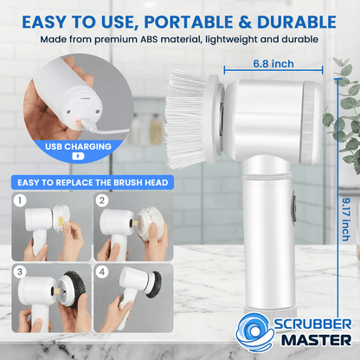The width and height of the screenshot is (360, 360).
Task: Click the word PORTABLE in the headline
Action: click(x=189, y=22)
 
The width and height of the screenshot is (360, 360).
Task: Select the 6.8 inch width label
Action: click(x=273, y=64)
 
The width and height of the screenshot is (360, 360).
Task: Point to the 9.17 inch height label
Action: click(x=346, y=219)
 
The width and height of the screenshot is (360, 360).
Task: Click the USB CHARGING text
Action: click(x=78, y=146)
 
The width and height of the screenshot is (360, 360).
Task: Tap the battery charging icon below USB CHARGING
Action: click(x=78, y=157)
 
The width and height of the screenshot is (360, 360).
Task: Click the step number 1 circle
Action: click(x=20, y=200)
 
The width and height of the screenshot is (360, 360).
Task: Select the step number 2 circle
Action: click(x=102, y=200)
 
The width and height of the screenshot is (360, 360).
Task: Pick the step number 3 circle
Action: click(x=20, y=272)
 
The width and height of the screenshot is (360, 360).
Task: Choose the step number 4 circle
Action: click(x=102, y=272)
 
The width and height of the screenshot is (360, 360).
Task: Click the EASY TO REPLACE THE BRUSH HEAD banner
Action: click(x=93, y=183)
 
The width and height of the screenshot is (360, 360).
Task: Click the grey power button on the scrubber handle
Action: click(x=294, y=208)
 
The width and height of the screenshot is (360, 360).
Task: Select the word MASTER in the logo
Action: click(x=317, y=341)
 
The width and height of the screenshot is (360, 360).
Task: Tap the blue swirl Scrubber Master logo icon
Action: click(x=254, y=332)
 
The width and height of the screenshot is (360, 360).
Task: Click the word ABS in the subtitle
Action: click(x=149, y=39)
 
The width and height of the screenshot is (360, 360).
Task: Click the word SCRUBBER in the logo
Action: click(x=312, y=324)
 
